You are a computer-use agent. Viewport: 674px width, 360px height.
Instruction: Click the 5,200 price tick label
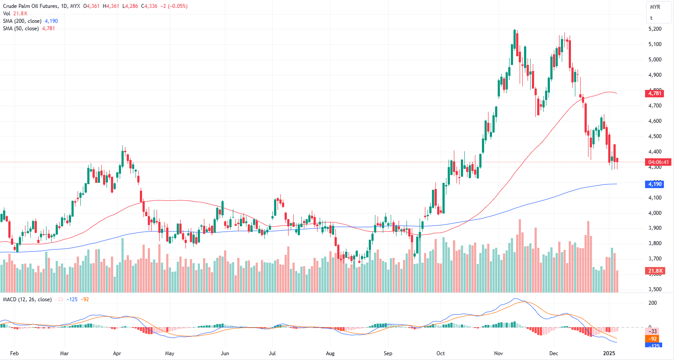pos(655,29)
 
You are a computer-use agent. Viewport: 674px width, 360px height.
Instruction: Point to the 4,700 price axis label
pos(655,106)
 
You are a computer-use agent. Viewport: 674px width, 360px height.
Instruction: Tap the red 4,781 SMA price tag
pos(655,93)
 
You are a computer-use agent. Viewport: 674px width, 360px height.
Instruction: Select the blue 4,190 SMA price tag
pos(655,184)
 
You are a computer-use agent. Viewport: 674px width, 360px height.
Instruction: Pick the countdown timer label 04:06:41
pos(659,162)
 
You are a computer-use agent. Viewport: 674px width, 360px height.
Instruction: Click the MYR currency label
pos(655,7)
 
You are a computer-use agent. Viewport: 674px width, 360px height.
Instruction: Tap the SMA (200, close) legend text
pos(22,21)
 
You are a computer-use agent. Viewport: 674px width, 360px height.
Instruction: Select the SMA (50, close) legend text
pos(21,29)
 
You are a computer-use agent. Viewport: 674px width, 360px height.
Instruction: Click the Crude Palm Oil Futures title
pos(30,6)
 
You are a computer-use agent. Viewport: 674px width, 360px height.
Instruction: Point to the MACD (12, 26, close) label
pos(27,299)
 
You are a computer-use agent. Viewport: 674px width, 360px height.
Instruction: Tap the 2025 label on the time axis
pos(609,353)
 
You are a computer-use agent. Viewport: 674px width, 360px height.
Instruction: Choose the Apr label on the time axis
pos(117,353)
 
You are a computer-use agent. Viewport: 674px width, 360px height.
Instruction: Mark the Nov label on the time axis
pos(498,353)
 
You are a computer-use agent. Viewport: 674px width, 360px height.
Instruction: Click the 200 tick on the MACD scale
pos(653,303)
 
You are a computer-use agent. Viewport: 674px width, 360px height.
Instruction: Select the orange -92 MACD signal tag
pos(653,339)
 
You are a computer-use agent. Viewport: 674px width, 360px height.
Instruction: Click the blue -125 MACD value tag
pos(653,346)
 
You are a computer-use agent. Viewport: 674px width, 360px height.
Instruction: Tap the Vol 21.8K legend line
pos(15,14)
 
